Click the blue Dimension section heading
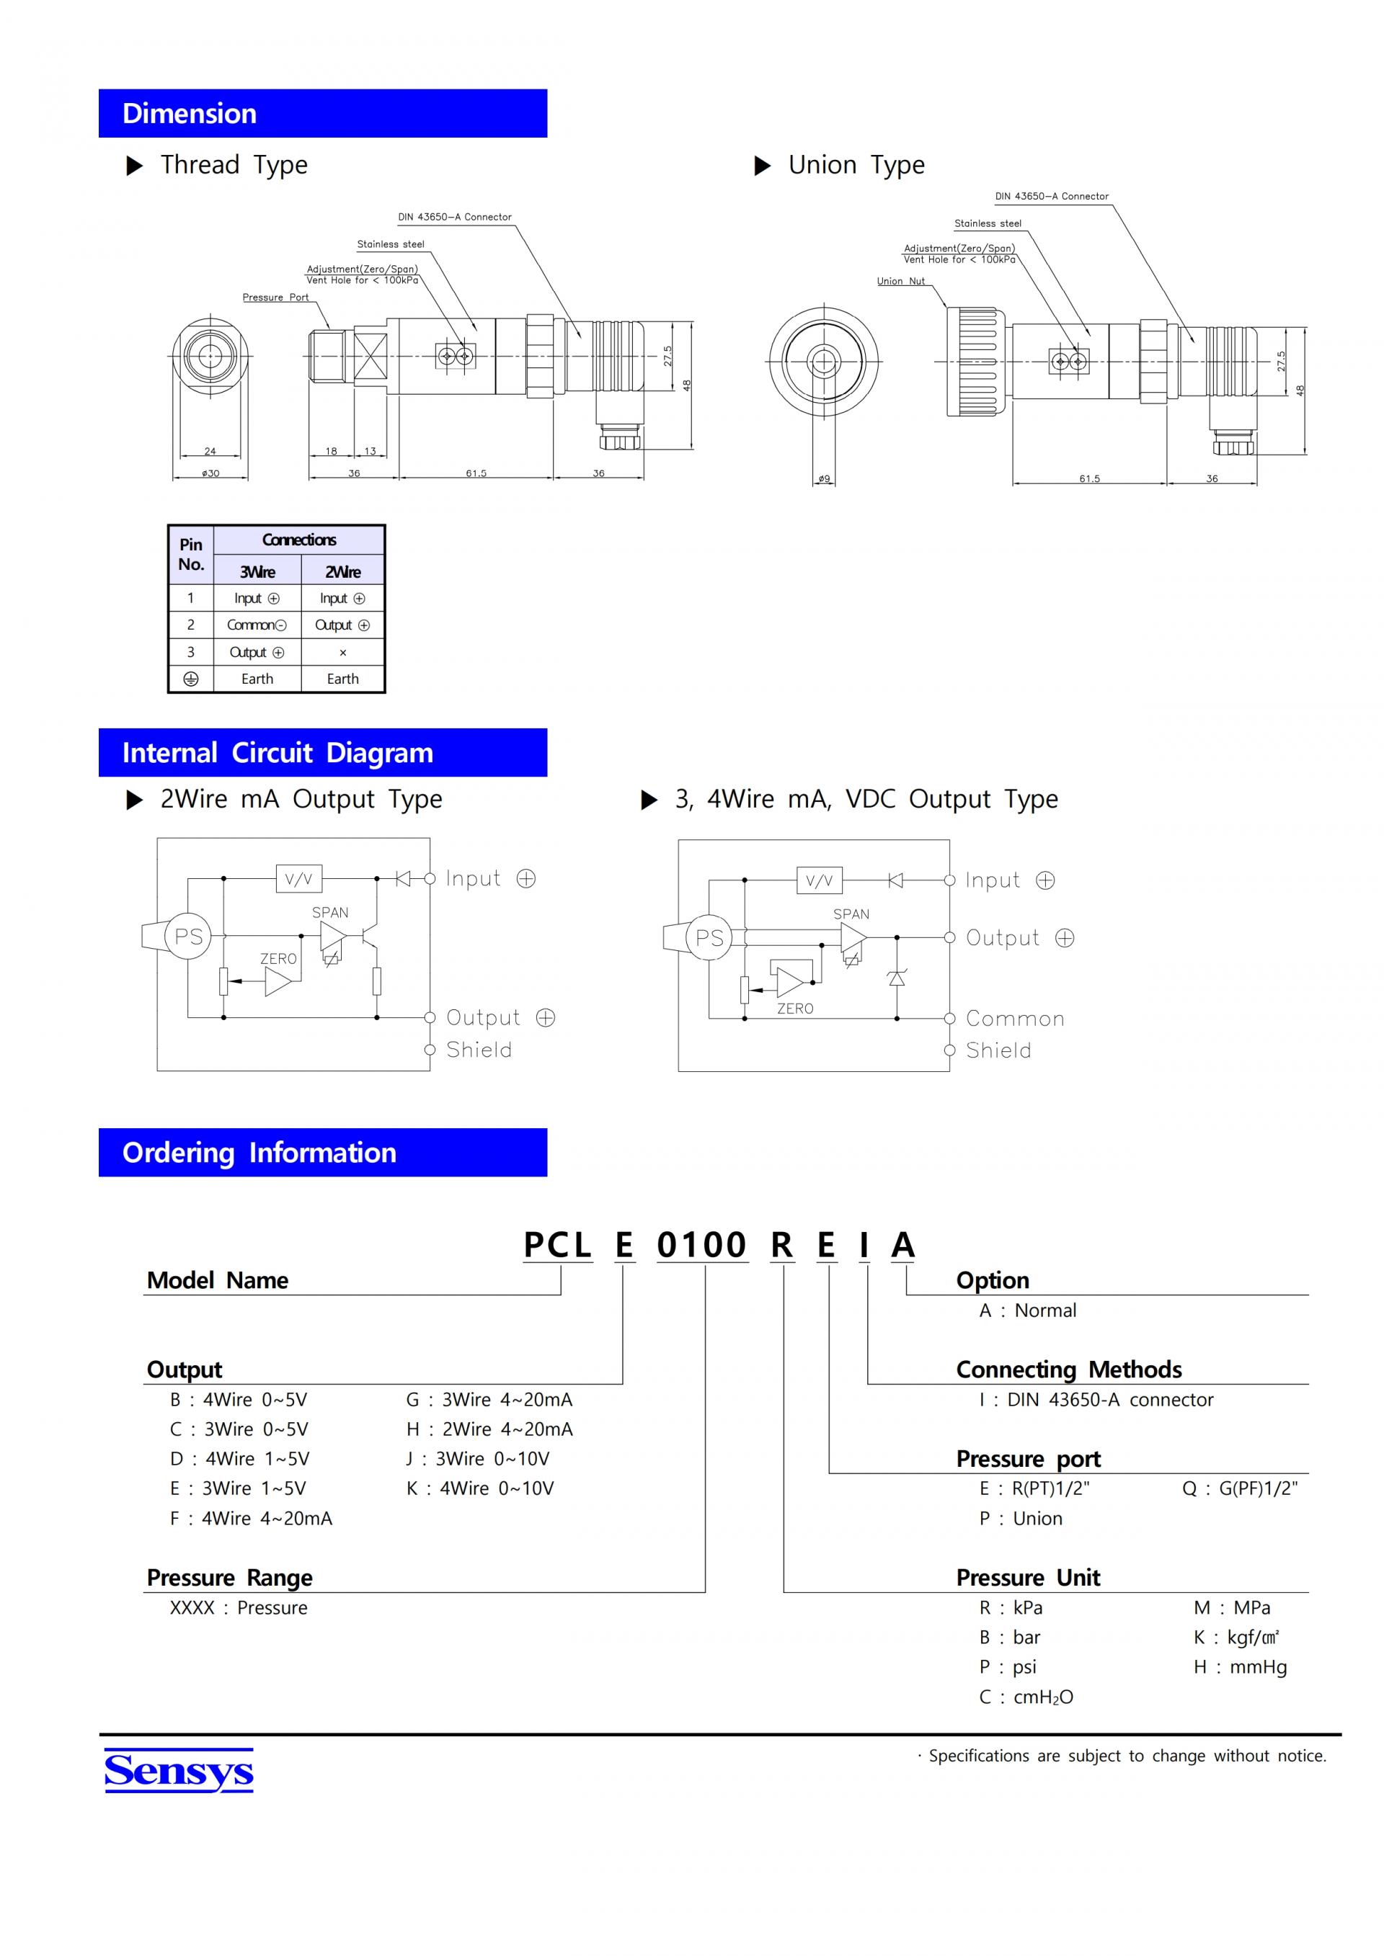coord(322,113)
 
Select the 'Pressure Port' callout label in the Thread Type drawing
coord(275,298)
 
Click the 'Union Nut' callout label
coord(901,281)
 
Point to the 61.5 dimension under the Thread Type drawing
coord(476,473)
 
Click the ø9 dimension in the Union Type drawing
coord(824,479)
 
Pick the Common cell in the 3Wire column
coord(257,625)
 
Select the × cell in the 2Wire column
coord(342,653)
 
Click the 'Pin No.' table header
coord(191,555)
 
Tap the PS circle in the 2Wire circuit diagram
coord(188,937)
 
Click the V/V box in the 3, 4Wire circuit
coord(819,881)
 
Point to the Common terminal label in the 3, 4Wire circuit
coord(1015,1019)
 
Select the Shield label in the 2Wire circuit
coord(479,1050)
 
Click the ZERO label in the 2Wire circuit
coord(279,959)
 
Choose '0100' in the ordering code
coord(701,1246)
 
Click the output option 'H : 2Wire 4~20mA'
coord(489,1429)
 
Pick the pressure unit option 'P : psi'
coord(1008,1667)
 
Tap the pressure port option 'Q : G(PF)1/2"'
coord(1240,1488)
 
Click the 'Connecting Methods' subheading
coord(1069,1370)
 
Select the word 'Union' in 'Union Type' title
coord(822,164)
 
